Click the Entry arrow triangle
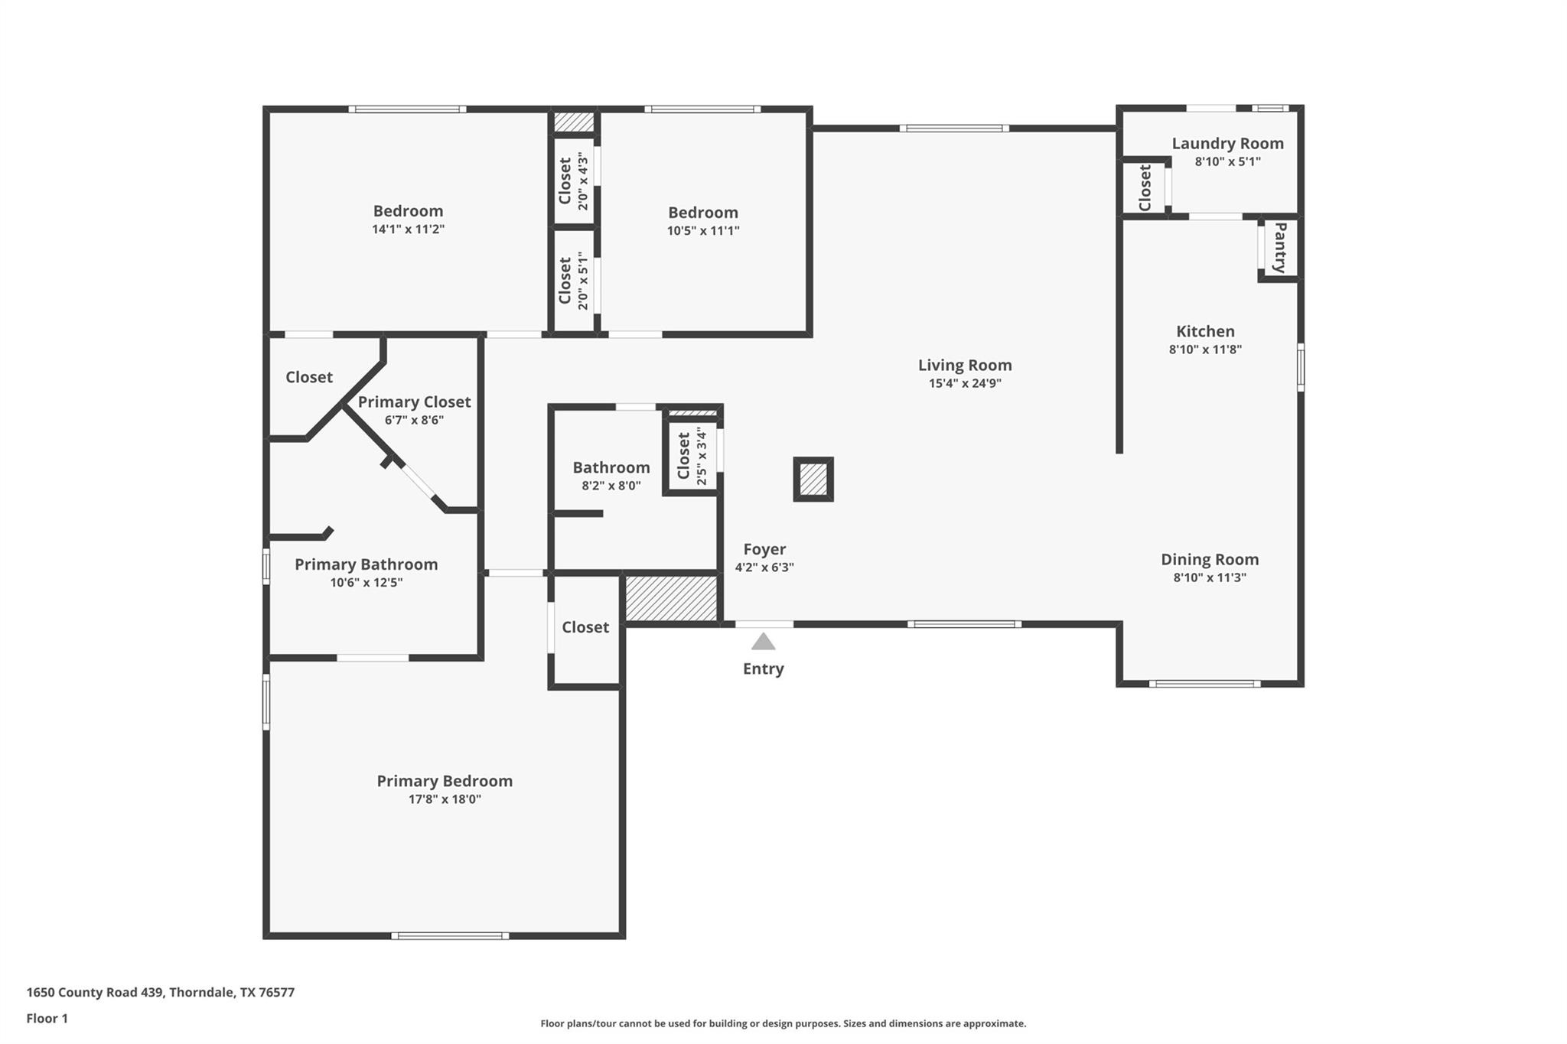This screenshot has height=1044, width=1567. tap(763, 642)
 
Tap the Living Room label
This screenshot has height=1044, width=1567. tap(965, 366)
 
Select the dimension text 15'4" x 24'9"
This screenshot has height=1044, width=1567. tap(965, 384)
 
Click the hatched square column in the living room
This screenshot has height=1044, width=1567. tap(813, 480)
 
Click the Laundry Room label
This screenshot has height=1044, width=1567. tap(1227, 144)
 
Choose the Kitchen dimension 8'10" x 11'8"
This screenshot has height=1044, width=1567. tap(1204, 350)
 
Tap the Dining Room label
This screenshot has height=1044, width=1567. tap(1209, 559)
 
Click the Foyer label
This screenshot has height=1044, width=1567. tap(764, 549)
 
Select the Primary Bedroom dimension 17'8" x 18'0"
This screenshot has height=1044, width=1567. tap(445, 799)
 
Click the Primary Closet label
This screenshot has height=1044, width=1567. tap(414, 402)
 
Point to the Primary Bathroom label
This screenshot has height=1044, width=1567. tap(366, 564)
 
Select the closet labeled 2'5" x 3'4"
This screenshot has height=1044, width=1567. tap(691, 456)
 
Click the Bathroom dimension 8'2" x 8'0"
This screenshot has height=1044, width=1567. tap(611, 486)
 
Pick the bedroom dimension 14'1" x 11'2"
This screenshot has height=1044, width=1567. tap(408, 229)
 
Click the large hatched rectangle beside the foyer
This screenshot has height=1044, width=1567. tap(671, 598)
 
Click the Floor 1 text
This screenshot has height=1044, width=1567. tap(47, 1018)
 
